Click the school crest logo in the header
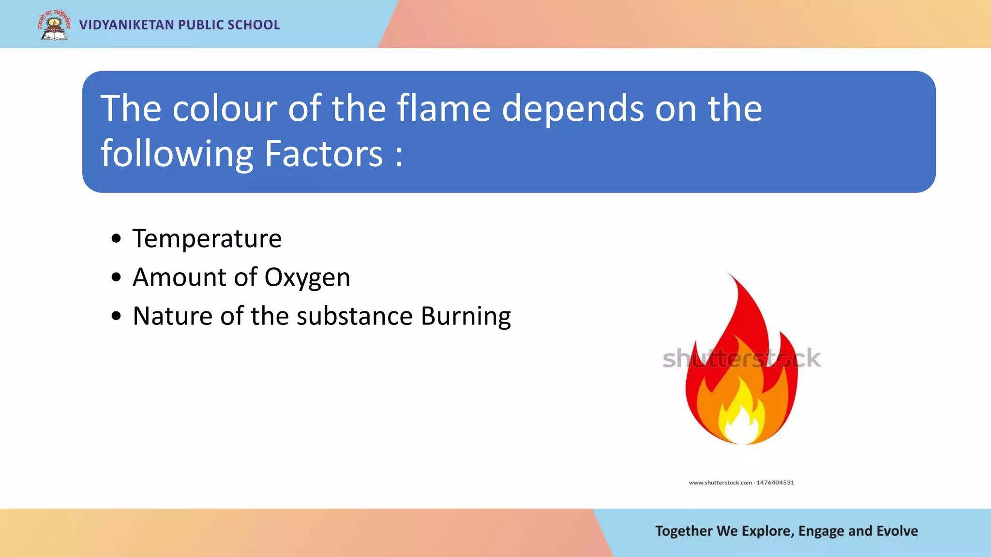tap(54, 25)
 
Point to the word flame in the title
tap(444, 108)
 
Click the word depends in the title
tap(573, 109)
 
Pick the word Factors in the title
tap(324, 154)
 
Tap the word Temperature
tap(207, 238)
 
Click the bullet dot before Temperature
tap(116, 238)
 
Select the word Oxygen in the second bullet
tap(307, 278)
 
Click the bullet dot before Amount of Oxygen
tap(116, 277)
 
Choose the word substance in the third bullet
tap(355, 316)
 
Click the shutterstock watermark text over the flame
tap(741, 358)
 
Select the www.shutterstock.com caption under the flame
tap(741, 483)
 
